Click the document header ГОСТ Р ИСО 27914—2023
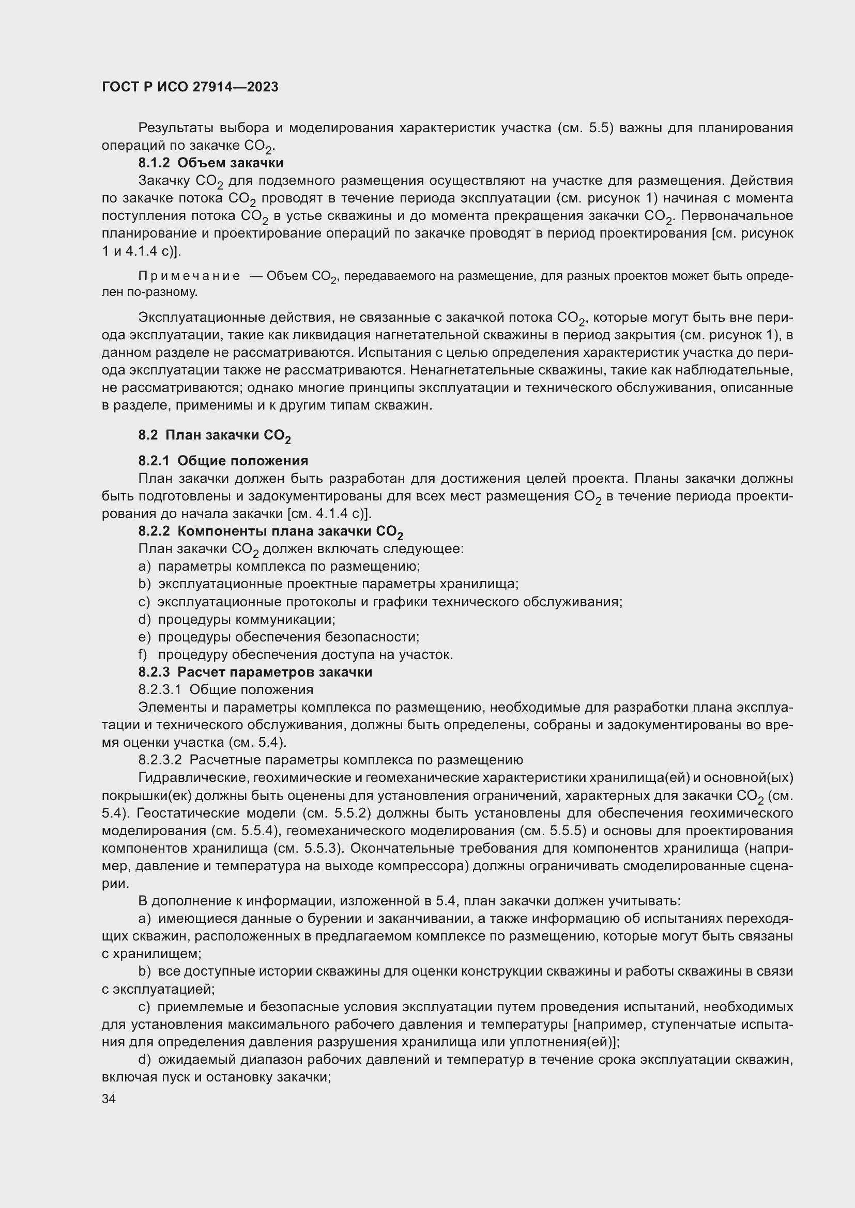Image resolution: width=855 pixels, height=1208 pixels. tap(190, 87)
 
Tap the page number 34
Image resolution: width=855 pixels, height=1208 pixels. tap(109, 1099)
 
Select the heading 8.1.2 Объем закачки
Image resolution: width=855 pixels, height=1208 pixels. tap(210, 163)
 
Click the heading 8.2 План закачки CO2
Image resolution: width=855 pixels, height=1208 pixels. tap(215, 435)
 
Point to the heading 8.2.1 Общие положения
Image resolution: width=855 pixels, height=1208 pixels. tap(223, 461)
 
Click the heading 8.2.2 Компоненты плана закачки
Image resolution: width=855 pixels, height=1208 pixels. tap(270, 531)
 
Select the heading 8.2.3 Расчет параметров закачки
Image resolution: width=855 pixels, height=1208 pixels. tap(255, 672)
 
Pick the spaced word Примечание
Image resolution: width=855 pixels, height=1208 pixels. tap(189, 276)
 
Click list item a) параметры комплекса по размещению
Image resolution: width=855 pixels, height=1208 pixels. tap(279, 567)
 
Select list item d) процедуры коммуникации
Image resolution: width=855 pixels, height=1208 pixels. tap(237, 619)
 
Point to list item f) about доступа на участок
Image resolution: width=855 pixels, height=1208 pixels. tap(295, 654)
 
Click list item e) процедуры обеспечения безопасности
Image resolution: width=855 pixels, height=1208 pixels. tap(279, 637)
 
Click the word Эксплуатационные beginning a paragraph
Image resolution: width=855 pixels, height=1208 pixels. tap(201, 318)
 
